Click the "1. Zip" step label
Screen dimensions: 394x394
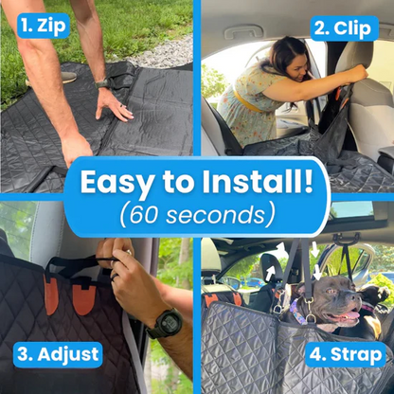[44, 26]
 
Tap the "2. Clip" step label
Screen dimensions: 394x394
[345, 28]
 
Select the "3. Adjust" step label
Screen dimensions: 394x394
[58, 354]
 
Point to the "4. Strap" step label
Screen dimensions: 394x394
[346, 354]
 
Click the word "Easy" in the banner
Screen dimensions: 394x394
[117, 183]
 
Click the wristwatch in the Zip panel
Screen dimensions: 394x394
[103, 83]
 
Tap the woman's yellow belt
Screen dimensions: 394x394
[248, 100]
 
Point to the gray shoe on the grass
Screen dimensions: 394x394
[67, 77]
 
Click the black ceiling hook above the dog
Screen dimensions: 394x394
[348, 238]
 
